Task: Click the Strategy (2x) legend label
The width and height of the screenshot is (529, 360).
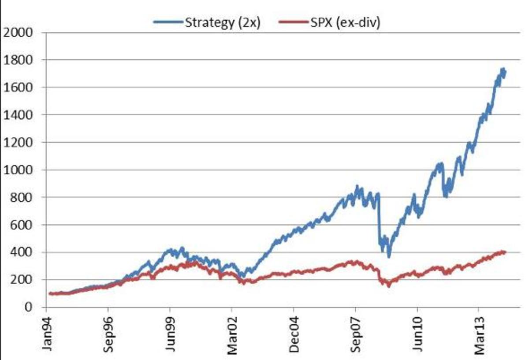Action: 223,23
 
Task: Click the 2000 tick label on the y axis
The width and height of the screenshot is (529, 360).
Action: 18,32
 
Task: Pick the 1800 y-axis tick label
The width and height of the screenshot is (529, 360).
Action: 18,60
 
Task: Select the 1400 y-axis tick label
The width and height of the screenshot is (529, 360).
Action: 18,115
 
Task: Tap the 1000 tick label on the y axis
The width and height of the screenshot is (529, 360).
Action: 18,170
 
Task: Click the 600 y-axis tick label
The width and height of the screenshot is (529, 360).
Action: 22,225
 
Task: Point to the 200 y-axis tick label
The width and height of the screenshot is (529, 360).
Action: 22,280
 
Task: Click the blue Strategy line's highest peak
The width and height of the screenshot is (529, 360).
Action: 503,69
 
